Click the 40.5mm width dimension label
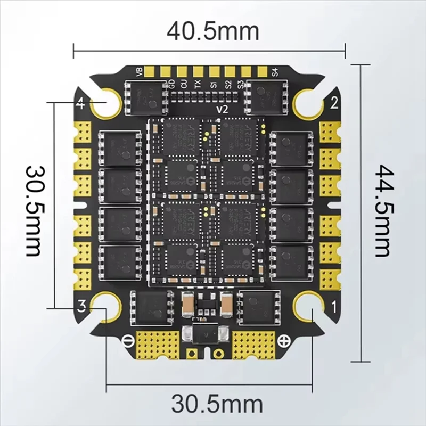[x=212, y=31]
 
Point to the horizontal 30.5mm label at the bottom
[x=212, y=403]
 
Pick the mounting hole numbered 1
[x=308, y=307]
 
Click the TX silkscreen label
[x=198, y=84]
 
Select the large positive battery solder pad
[x=255, y=343]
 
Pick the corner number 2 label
[x=334, y=103]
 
